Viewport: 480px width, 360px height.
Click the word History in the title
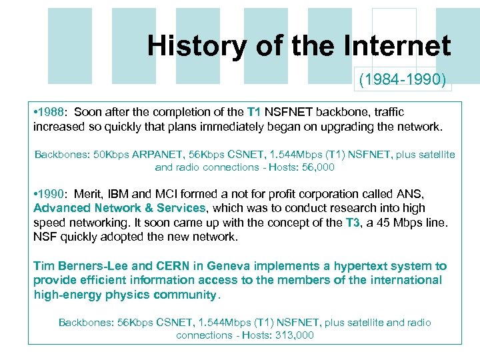(187, 46)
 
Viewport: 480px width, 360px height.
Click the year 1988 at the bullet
(53, 112)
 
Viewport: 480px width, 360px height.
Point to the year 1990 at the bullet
(53, 194)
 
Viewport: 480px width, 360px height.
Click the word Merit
(88, 194)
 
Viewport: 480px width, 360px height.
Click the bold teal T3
(353, 223)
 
